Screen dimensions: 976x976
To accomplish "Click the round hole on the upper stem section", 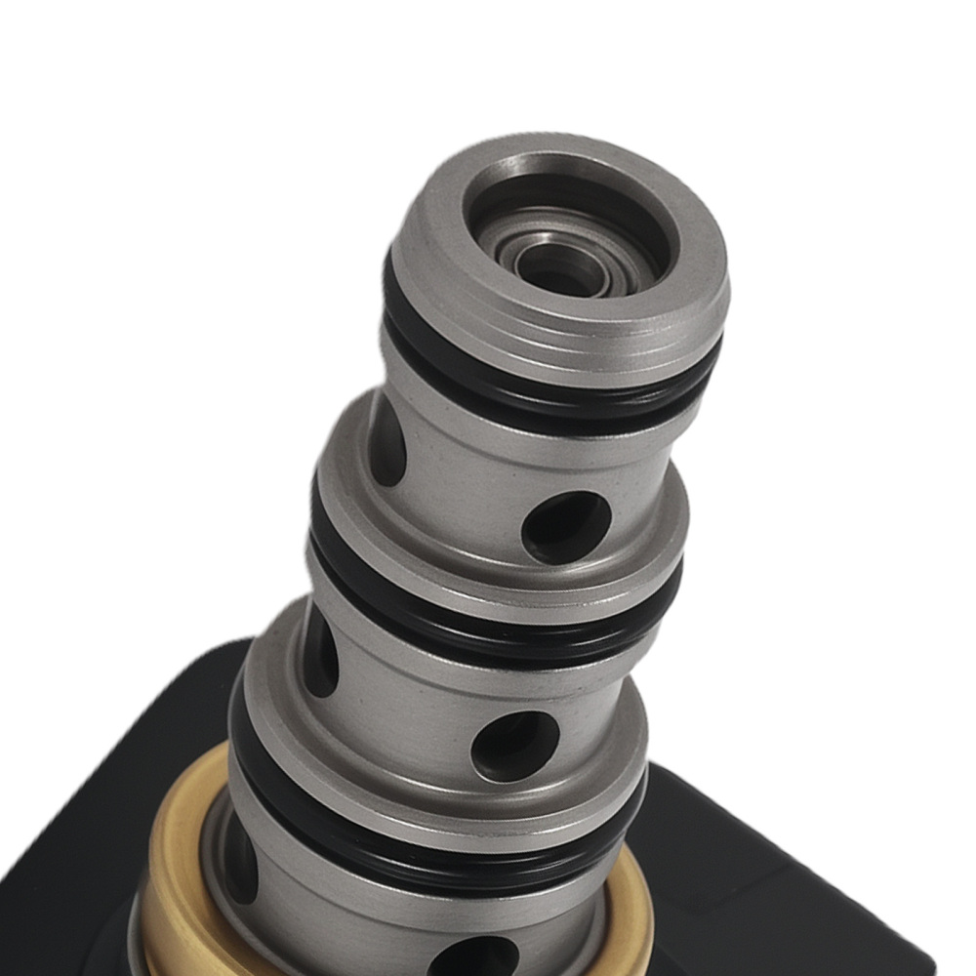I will coord(566,526).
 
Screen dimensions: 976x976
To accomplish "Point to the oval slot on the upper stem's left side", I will coord(386,439).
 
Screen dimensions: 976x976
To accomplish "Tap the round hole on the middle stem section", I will coord(514,745).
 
